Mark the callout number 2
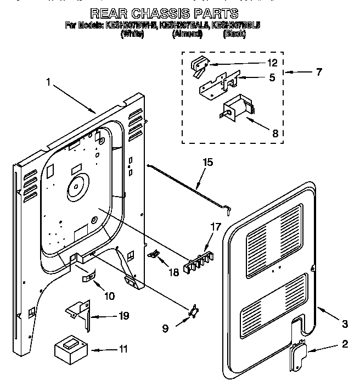[x=345, y=344]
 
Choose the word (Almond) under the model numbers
[x=188, y=33]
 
